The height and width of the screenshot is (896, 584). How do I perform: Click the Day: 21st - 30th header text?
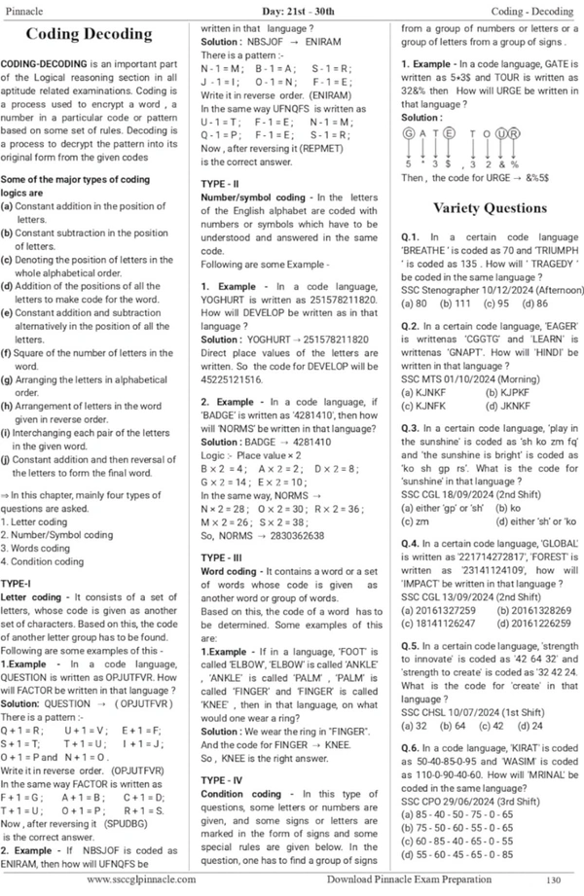coord(290,9)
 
